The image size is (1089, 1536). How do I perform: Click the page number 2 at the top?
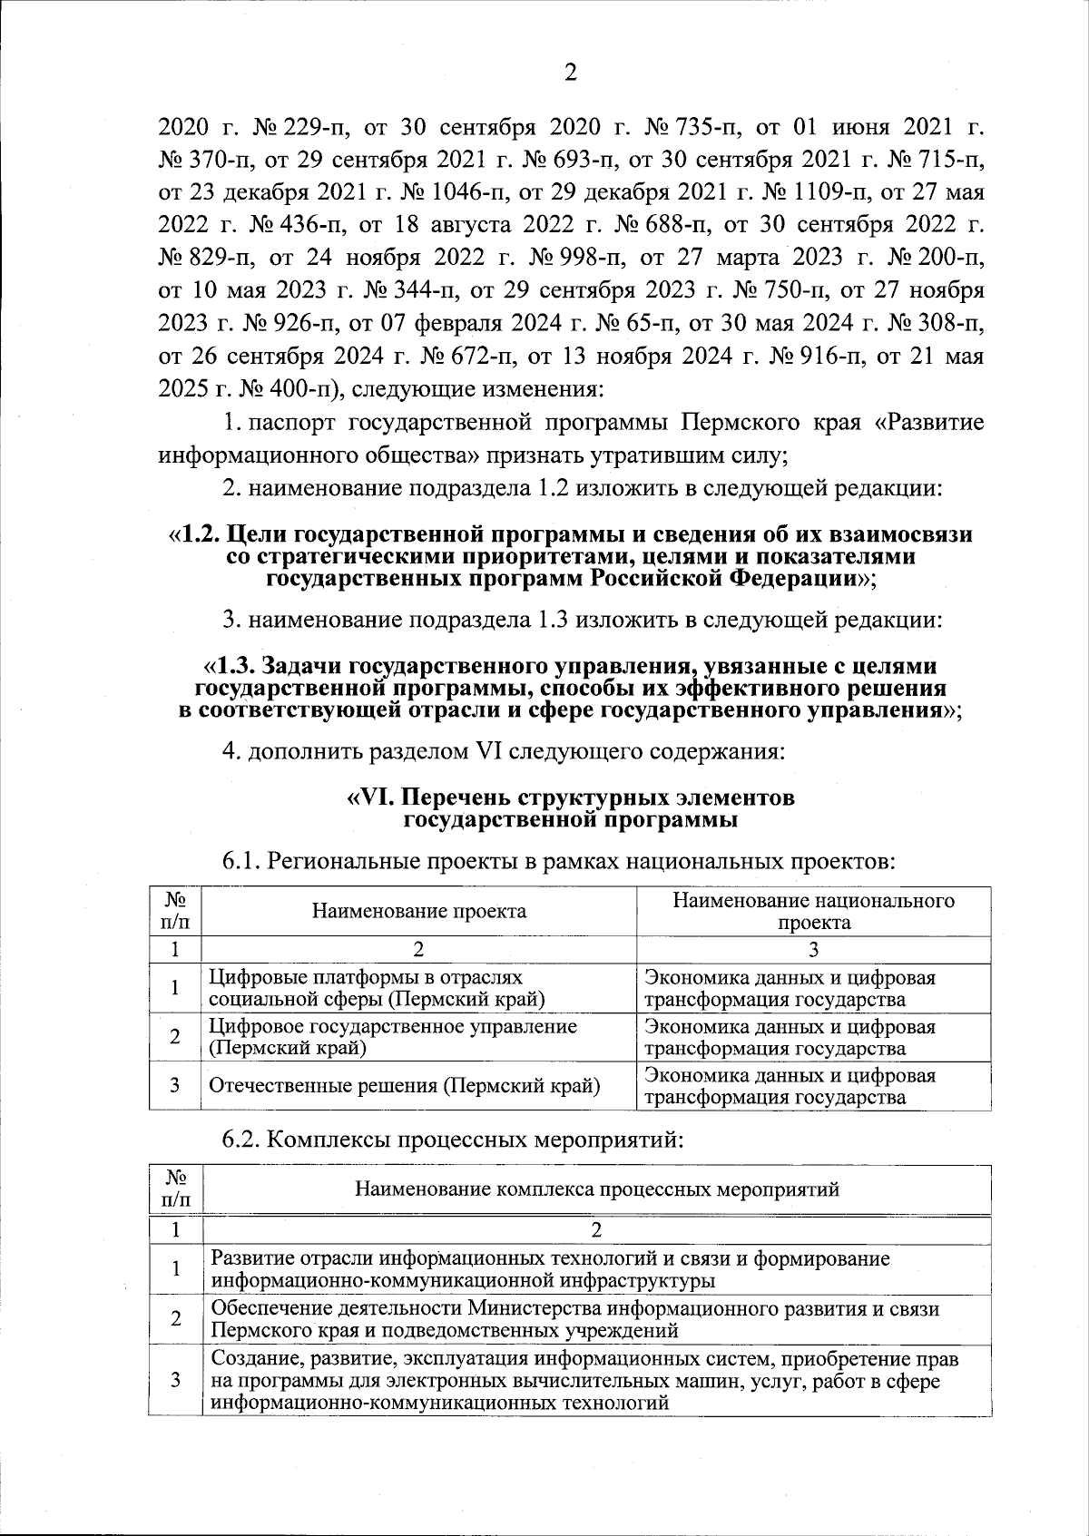pos(571,73)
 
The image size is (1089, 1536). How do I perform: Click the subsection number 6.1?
pos(241,860)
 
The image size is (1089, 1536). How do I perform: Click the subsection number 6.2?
pos(241,1139)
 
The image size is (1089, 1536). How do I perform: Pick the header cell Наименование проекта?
pos(418,911)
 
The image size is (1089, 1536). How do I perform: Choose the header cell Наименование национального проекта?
pos(813,911)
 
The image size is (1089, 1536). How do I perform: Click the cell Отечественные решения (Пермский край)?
pos(405,1086)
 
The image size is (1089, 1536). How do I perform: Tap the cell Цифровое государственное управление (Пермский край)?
pos(393,1037)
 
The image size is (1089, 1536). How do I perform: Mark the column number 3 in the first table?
pos(813,949)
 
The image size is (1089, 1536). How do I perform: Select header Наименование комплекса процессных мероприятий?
pos(596,1189)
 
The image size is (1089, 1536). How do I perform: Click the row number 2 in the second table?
pos(175,1318)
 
